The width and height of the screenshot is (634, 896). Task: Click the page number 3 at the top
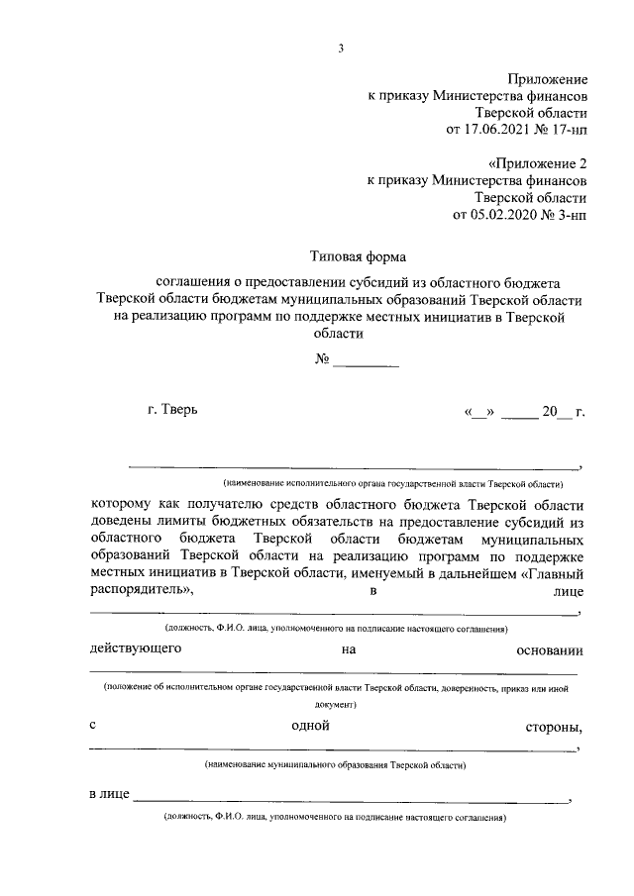(x=340, y=49)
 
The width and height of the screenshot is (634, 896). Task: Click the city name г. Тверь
(x=171, y=410)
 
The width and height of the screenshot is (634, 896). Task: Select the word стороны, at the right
(x=555, y=729)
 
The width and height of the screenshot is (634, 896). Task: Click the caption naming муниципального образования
(x=341, y=765)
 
